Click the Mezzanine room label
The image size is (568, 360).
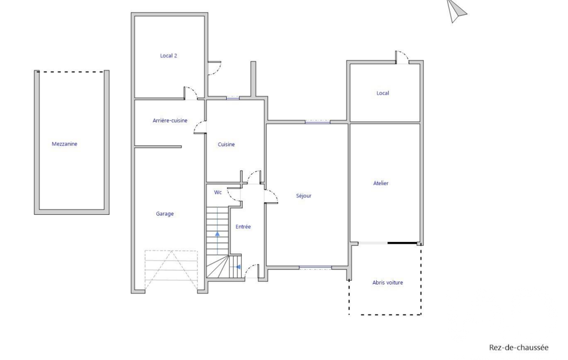(64, 144)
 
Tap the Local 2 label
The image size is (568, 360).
(168, 56)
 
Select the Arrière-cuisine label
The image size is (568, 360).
(170, 121)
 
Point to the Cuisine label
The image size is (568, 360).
(226, 145)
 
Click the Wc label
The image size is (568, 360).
(218, 192)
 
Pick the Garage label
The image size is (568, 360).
(165, 214)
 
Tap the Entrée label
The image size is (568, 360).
(243, 227)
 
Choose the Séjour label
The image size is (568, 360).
(304, 196)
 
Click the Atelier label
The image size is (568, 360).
(381, 183)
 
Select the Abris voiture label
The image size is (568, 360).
(387, 282)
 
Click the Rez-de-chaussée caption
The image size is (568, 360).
(519, 348)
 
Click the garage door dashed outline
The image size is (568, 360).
(171, 270)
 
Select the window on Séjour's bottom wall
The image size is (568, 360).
(315, 268)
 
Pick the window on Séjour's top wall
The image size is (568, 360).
(318, 122)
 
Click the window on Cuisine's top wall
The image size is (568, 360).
(233, 98)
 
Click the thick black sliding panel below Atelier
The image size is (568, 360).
(402, 243)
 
